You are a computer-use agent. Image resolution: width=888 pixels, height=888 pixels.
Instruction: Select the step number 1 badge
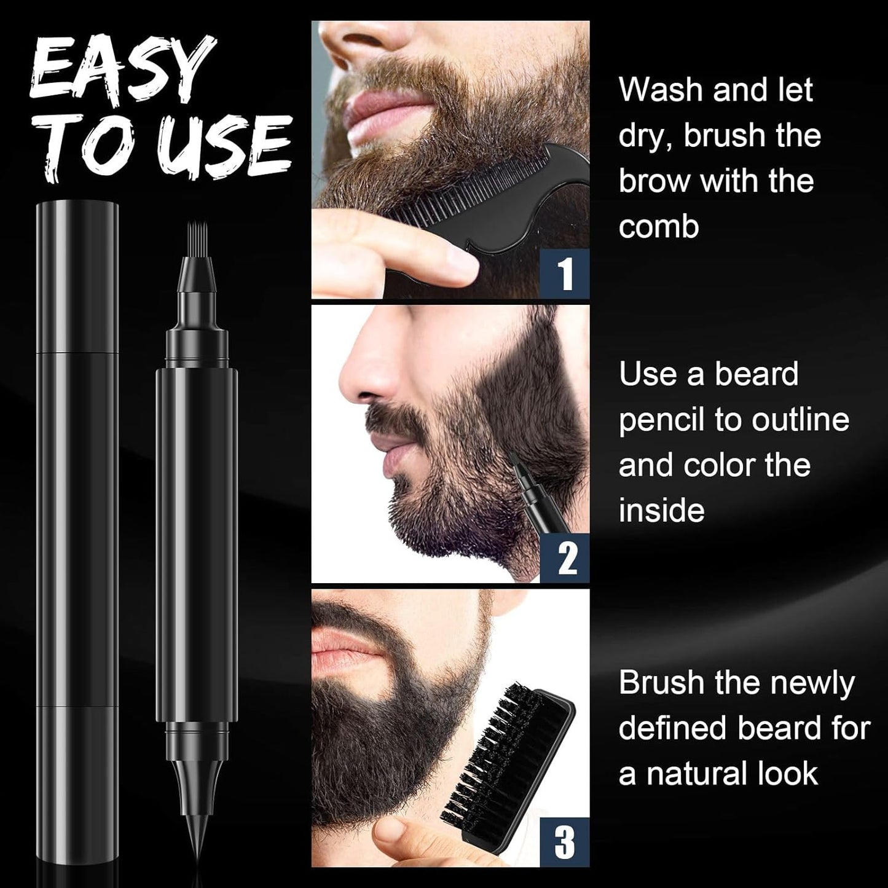coord(565,273)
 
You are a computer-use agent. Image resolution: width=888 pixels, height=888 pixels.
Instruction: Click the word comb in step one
coord(659,227)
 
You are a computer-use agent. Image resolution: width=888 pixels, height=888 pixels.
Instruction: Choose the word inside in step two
coord(661,511)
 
